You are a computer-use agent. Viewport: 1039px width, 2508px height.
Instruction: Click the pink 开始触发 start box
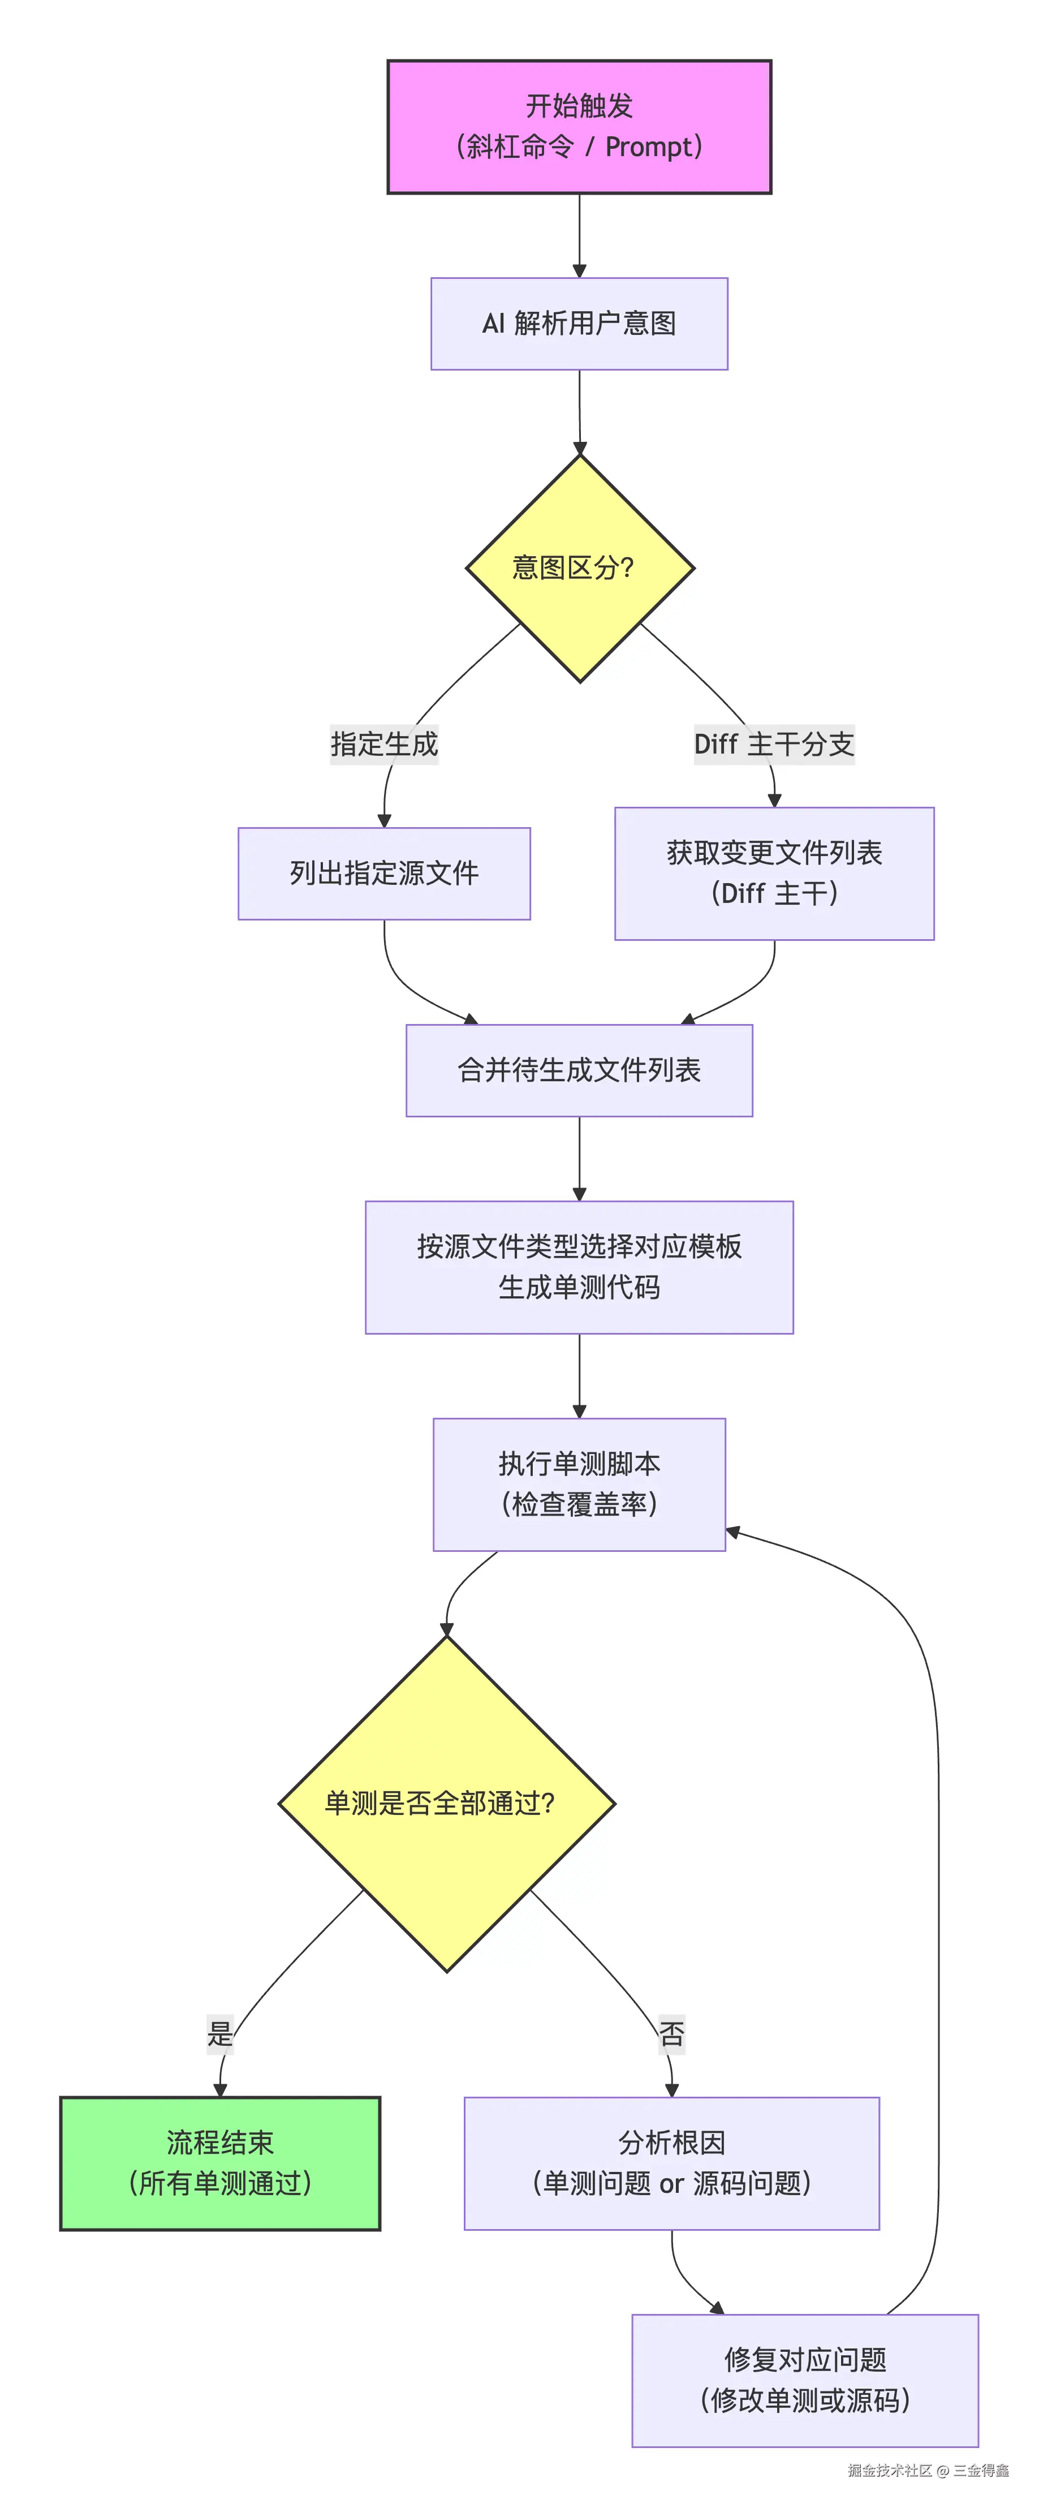pyautogui.click(x=579, y=127)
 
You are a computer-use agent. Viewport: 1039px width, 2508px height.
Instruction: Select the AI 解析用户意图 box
pyautogui.click(x=579, y=323)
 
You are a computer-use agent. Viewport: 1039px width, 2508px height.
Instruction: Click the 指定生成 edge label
pyautogui.click(x=383, y=745)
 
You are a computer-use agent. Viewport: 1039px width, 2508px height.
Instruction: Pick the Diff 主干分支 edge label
pyautogui.click(x=774, y=745)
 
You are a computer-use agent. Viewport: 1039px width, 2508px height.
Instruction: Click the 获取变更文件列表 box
pyautogui.click(x=774, y=874)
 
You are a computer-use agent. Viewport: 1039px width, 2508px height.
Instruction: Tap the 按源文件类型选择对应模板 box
pyautogui.click(x=579, y=1267)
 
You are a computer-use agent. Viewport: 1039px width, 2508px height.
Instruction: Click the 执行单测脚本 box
pyautogui.click(x=579, y=1484)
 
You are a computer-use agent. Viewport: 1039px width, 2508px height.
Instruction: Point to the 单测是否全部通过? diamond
pyautogui.click(x=447, y=1803)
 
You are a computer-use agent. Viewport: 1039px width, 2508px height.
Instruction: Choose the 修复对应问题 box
pyautogui.click(x=805, y=2380)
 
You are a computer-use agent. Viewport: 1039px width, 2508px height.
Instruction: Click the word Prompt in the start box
pyautogui.click(x=646, y=147)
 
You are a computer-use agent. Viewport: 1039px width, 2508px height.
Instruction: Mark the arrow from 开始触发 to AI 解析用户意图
pyautogui.click(x=579, y=235)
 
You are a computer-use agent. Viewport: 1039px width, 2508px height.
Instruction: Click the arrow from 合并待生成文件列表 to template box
pyautogui.click(x=579, y=1159)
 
